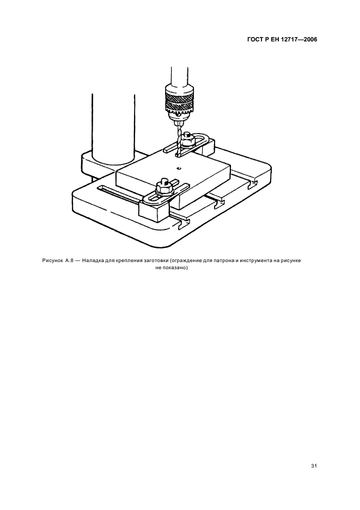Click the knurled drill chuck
coord(178,102)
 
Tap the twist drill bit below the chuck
coord(179,142)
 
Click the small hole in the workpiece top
coord(179,168)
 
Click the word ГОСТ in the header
coord(255,39)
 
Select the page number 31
coord(314,466)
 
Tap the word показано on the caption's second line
coord(175,268)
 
